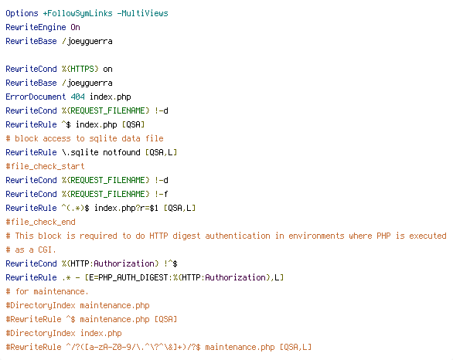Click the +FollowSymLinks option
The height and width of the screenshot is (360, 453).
point(77,14)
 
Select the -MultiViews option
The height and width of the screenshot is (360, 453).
point(142,14)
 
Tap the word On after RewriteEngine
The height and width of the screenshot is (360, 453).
point(75,28)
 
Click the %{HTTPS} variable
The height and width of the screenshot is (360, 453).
point(80,69)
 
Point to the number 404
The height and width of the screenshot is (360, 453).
point(77,97)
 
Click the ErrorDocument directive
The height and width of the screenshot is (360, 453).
point(36,97)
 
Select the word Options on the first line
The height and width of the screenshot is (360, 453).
point(22,14)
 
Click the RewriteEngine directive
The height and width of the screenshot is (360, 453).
point(36,28)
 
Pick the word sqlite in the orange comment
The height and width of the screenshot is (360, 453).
point(103,139)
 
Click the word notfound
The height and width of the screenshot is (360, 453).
point(121,152)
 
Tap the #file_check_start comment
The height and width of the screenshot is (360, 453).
point(45,167)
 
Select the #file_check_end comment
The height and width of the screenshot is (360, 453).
point(40,222)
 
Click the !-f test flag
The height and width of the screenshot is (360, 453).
point(161,194)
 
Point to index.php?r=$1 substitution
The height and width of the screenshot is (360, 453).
point(126,208)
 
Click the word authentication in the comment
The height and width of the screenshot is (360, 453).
point(237,236)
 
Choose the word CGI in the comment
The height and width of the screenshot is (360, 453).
point(45,250)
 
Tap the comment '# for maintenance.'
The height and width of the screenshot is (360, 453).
point(47,291)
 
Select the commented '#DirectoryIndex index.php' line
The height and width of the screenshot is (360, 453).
point(63,334)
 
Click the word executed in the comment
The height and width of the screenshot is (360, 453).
point(427,236)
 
